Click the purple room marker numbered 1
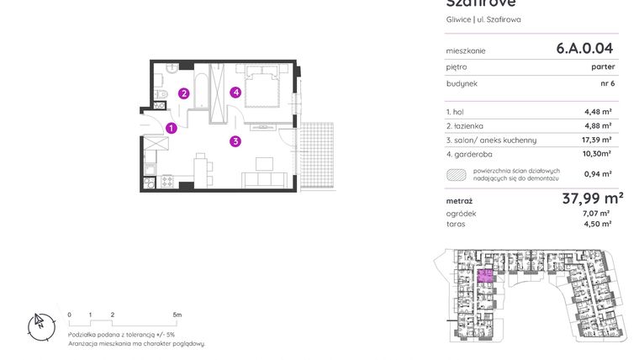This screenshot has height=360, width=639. click(171, 129)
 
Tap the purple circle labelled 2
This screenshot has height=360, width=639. click(183, 93)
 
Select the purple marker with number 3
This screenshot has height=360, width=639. click(237, 141)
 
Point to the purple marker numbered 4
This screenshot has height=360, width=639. click(237, 93)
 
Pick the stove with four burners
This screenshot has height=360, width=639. click(166, 180)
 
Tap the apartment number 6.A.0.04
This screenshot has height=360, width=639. click(590, 49)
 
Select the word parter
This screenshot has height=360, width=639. click(602, 66)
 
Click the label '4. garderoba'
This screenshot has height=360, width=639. click(471, 154)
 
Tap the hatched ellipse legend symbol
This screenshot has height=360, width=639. click(457, 174)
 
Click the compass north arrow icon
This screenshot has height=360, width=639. click(38, 324)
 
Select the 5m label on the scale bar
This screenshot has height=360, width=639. click(177, 314)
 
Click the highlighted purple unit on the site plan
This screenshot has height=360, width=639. click(485, 276)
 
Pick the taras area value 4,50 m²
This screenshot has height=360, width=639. click(598, 224)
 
